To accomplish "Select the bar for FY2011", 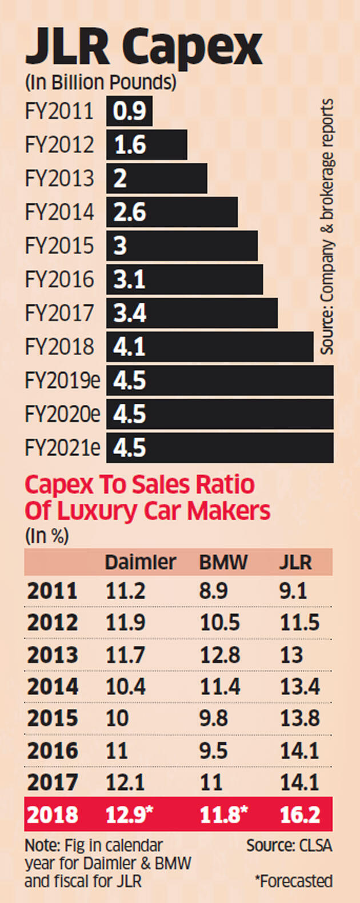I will click(x=129, y=111).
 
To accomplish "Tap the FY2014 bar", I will click(x=171, y=212).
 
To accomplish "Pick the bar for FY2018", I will click(x=210, y=347).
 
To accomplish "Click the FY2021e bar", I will click(x=220, y=448).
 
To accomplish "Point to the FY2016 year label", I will click(x=59, y=280).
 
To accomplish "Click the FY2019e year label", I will click(x=62, y=380).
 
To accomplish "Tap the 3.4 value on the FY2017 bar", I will click(x=130, y=314).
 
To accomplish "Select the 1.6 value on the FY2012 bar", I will click(x=130, y=145).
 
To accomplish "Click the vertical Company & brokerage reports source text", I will click(x=326, y=226).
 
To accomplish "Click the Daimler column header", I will click(x=141, y=562).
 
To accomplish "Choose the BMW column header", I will click(x=223, y=562).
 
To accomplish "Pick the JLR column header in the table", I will click(x=295, y=562).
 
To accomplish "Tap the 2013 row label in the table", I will click(x=52, y=655).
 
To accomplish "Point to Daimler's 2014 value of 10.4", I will click(x=126, y=687).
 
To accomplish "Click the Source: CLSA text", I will click(x=289, y=845).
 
